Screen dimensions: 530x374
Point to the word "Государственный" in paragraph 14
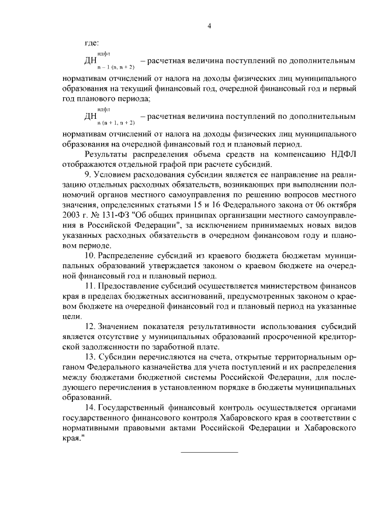(x=134, y=411)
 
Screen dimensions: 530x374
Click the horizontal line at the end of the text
(x=209, y=451)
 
